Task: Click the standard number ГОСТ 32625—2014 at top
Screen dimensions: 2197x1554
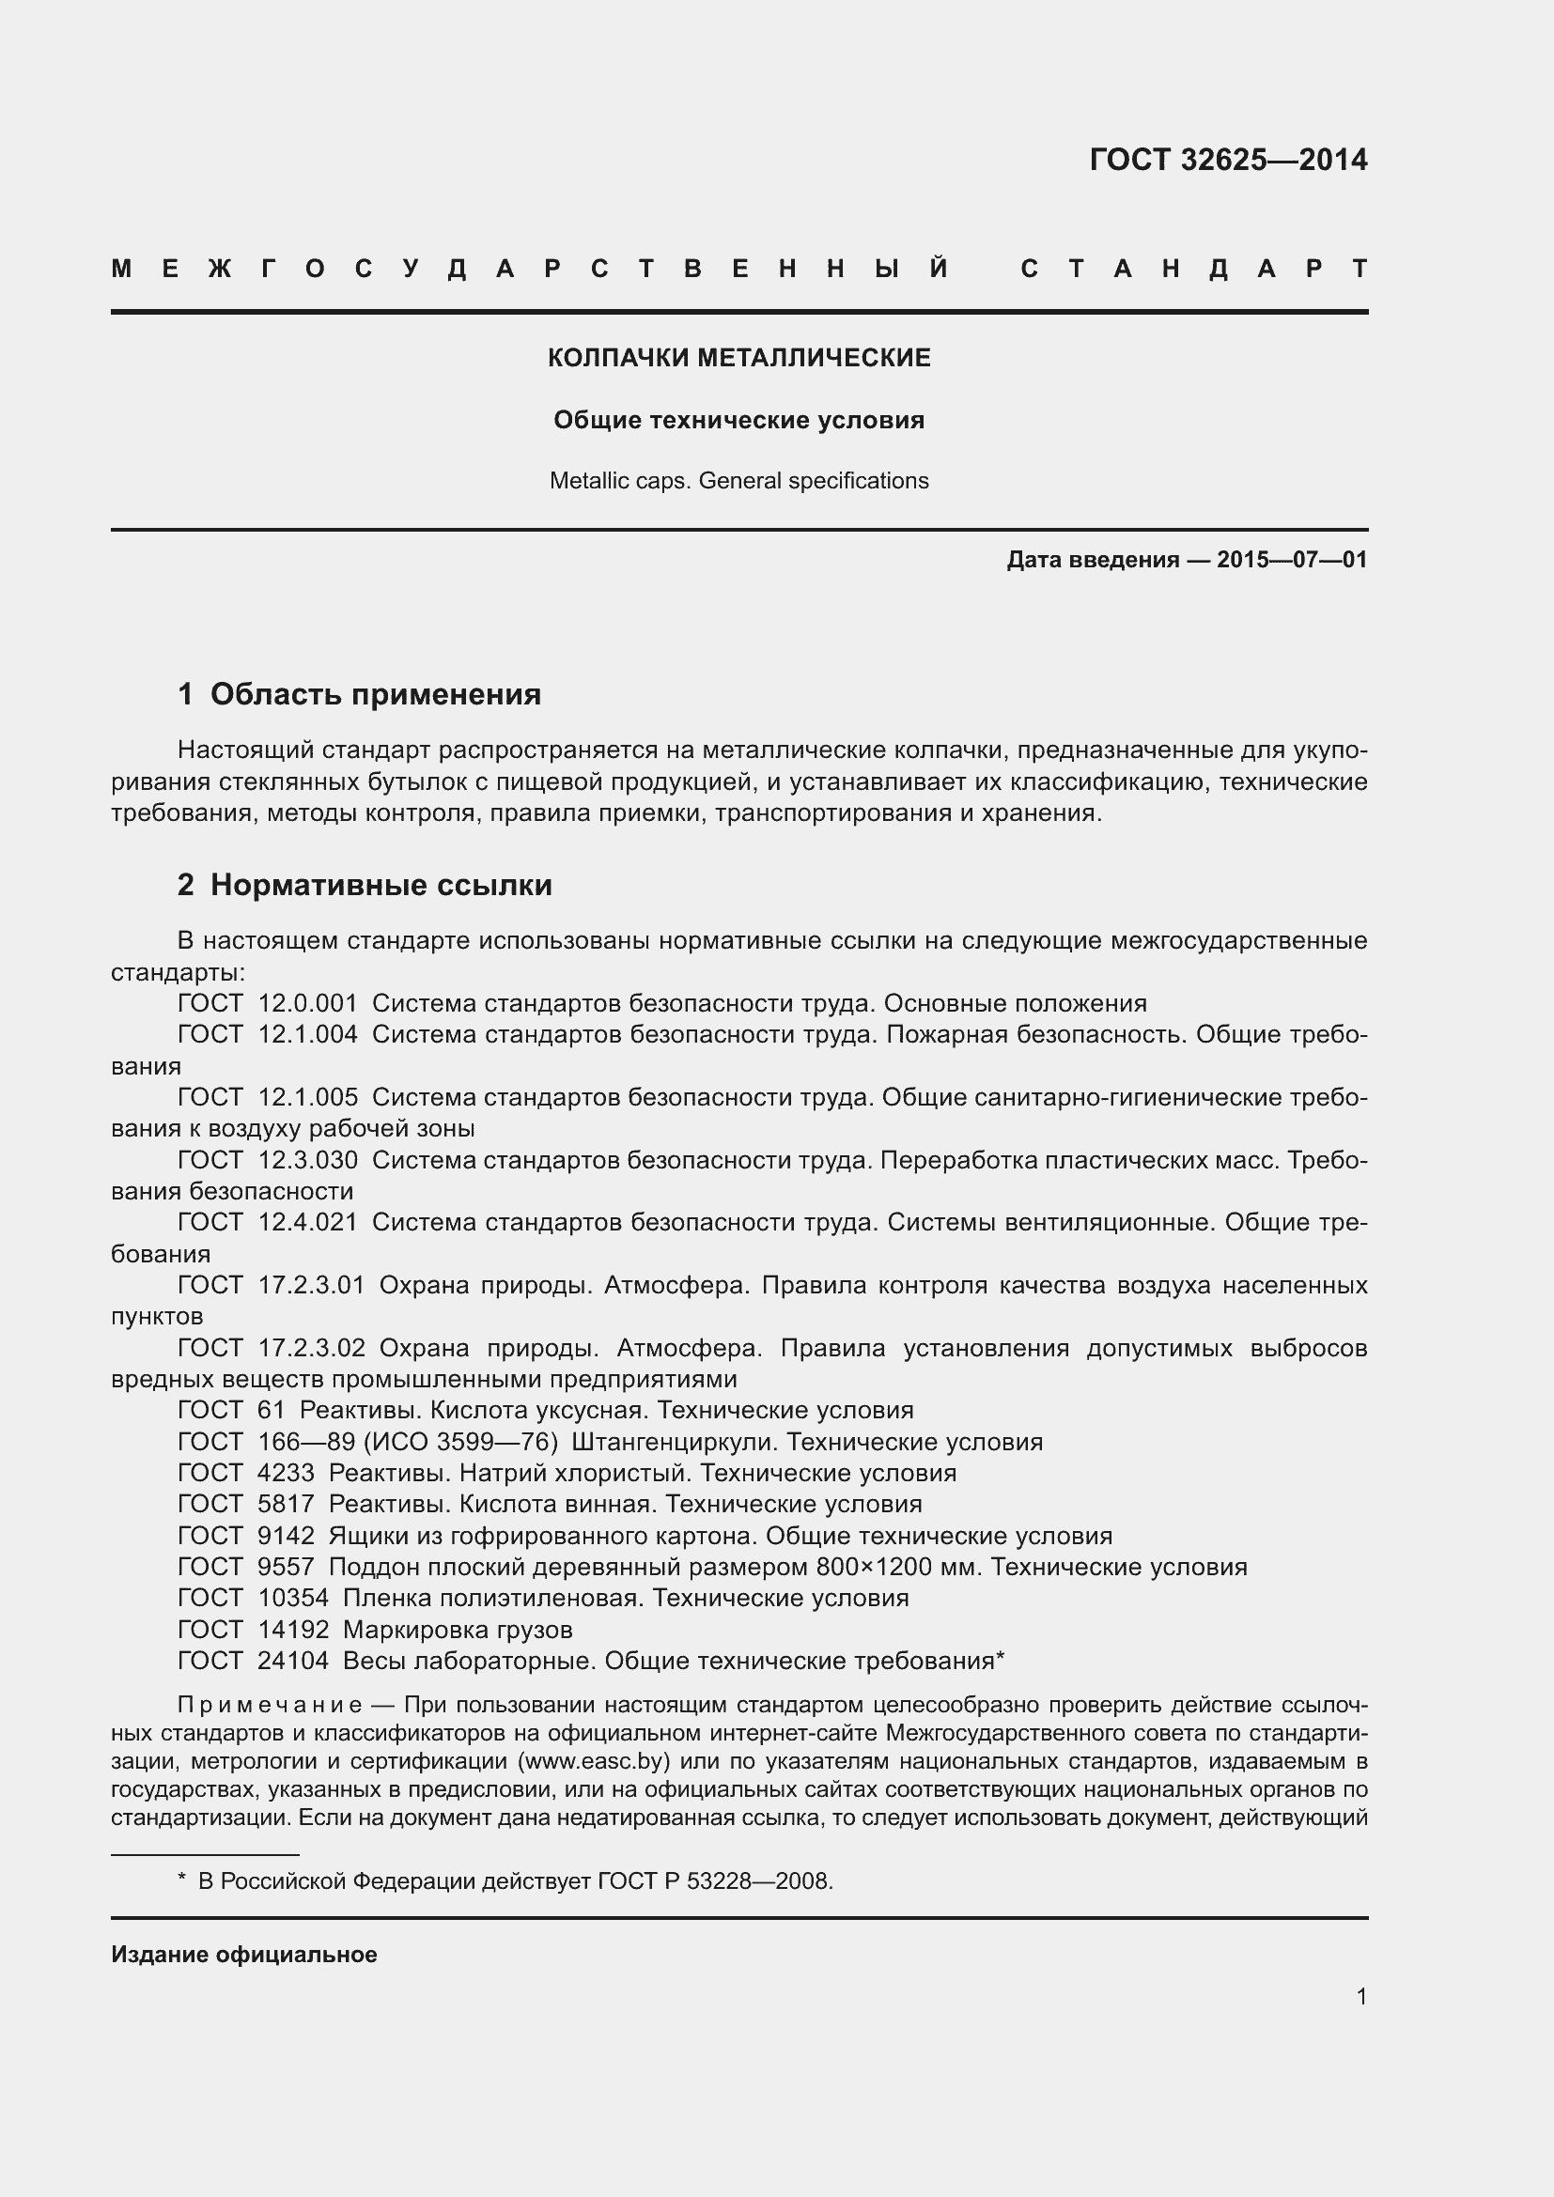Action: click(x=1228, y=160)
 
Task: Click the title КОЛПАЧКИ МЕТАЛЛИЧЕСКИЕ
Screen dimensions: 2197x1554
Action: click(x=738, y=358)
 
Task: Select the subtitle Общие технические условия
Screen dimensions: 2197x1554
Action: click(x=738, y=420)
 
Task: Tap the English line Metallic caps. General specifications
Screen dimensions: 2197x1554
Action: click(x=738, y=480)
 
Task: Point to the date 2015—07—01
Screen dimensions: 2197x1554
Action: click(x=1292, y=560)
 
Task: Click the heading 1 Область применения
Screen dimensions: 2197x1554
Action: click(x=359, y=694)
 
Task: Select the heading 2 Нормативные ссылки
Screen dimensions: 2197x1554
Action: click(x=365, y=885)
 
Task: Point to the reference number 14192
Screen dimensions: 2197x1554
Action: click(x=293, y=1630)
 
